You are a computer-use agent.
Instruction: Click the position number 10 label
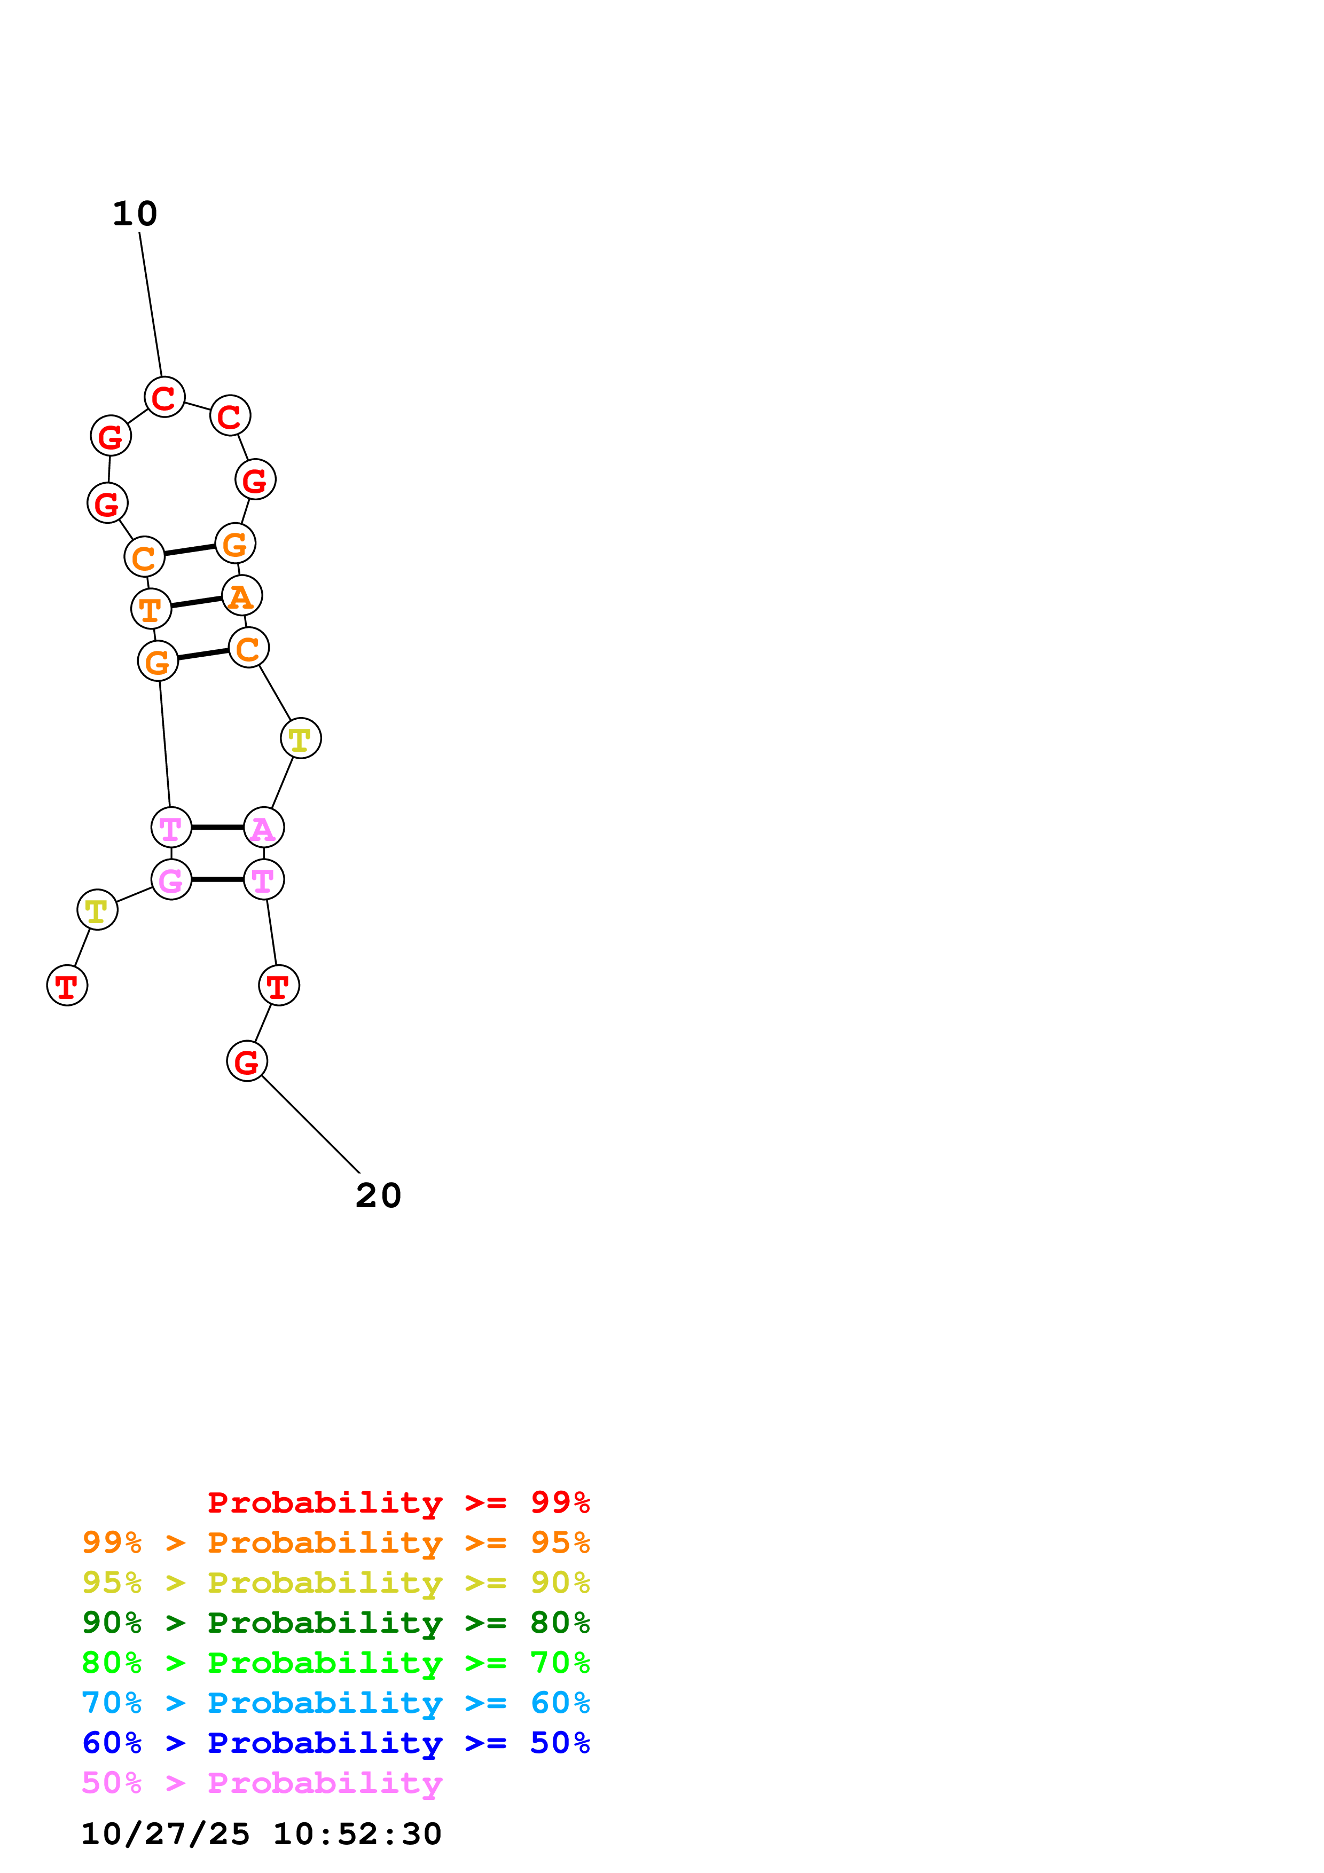point(135,214)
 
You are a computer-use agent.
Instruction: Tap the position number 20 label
point(379,1196)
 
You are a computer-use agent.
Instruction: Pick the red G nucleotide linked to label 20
point(246,1061)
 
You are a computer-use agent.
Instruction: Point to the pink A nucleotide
point(263,828)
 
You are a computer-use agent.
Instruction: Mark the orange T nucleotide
point(151,609)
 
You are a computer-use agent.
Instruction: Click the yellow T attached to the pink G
point(97,910)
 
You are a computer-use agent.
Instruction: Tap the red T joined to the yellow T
point(67,986)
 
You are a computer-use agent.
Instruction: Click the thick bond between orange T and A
point(196,602)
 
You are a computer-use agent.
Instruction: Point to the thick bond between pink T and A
point(217,828)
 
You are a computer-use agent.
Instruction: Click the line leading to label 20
point(310,1124)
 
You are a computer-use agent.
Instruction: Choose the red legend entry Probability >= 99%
point(398,1502)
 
